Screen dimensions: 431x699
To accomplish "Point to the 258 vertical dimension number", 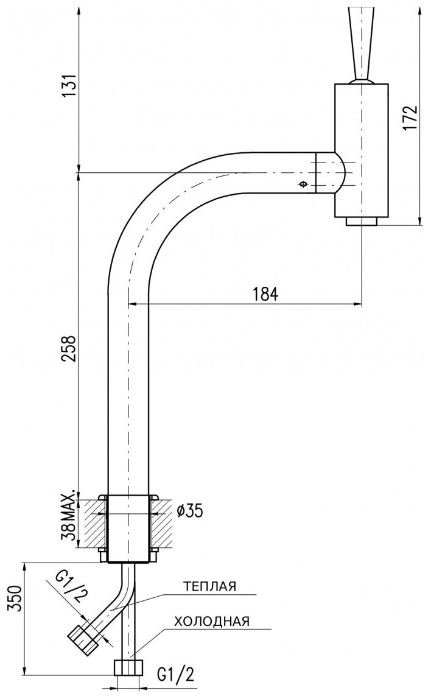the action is [x=71, y=348].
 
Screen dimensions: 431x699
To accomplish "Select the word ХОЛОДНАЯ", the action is [x=211, y=621].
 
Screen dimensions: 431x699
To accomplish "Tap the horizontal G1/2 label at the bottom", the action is [x=176, y=674].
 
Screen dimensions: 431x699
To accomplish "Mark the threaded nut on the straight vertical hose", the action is [x=129, y=667].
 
